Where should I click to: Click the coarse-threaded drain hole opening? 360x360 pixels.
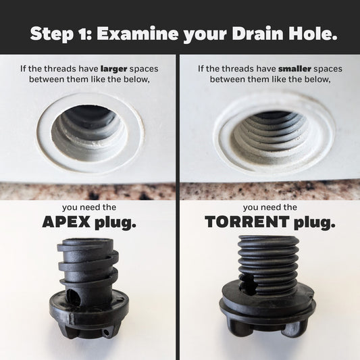click(90, 128)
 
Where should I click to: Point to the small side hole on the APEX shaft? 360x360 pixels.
click(74, 294)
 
